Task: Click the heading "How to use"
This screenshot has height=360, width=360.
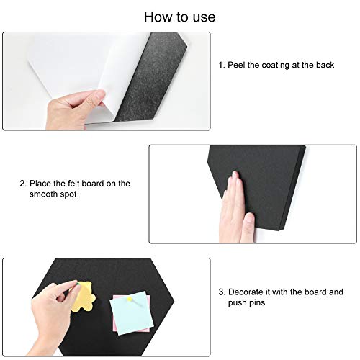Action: [x=179, y=17]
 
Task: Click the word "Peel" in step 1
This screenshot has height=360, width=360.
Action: [x=236, y=65]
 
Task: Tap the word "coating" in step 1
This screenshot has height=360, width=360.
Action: [x=276, y=65]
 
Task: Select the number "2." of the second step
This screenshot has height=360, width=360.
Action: [x=23, y=184]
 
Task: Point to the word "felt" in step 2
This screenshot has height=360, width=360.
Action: [x=73, y=184]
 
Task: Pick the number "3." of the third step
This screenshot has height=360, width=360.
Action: [x=222, y=292]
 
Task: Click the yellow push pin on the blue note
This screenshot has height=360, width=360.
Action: [x=130, y=299]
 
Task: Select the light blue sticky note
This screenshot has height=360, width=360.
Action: [x=132, y=312]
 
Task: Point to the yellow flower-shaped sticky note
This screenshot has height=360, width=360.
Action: [x=83, y=297]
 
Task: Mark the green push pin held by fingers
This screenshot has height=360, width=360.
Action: [x=78, y=284]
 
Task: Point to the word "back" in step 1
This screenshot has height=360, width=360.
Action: [x=325, y=65]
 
